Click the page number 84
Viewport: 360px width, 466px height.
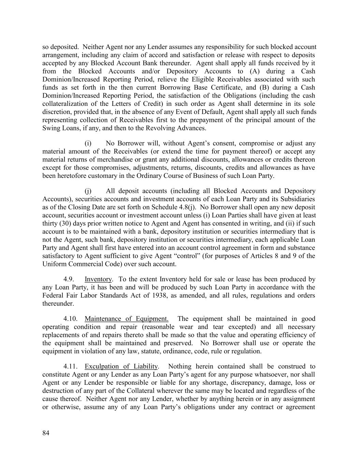tap(46, 433)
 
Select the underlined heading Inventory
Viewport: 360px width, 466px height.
tap(98, 279)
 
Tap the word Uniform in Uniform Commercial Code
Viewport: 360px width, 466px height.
tap(53, 264)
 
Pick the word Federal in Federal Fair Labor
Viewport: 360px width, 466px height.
tap(53, 296)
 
